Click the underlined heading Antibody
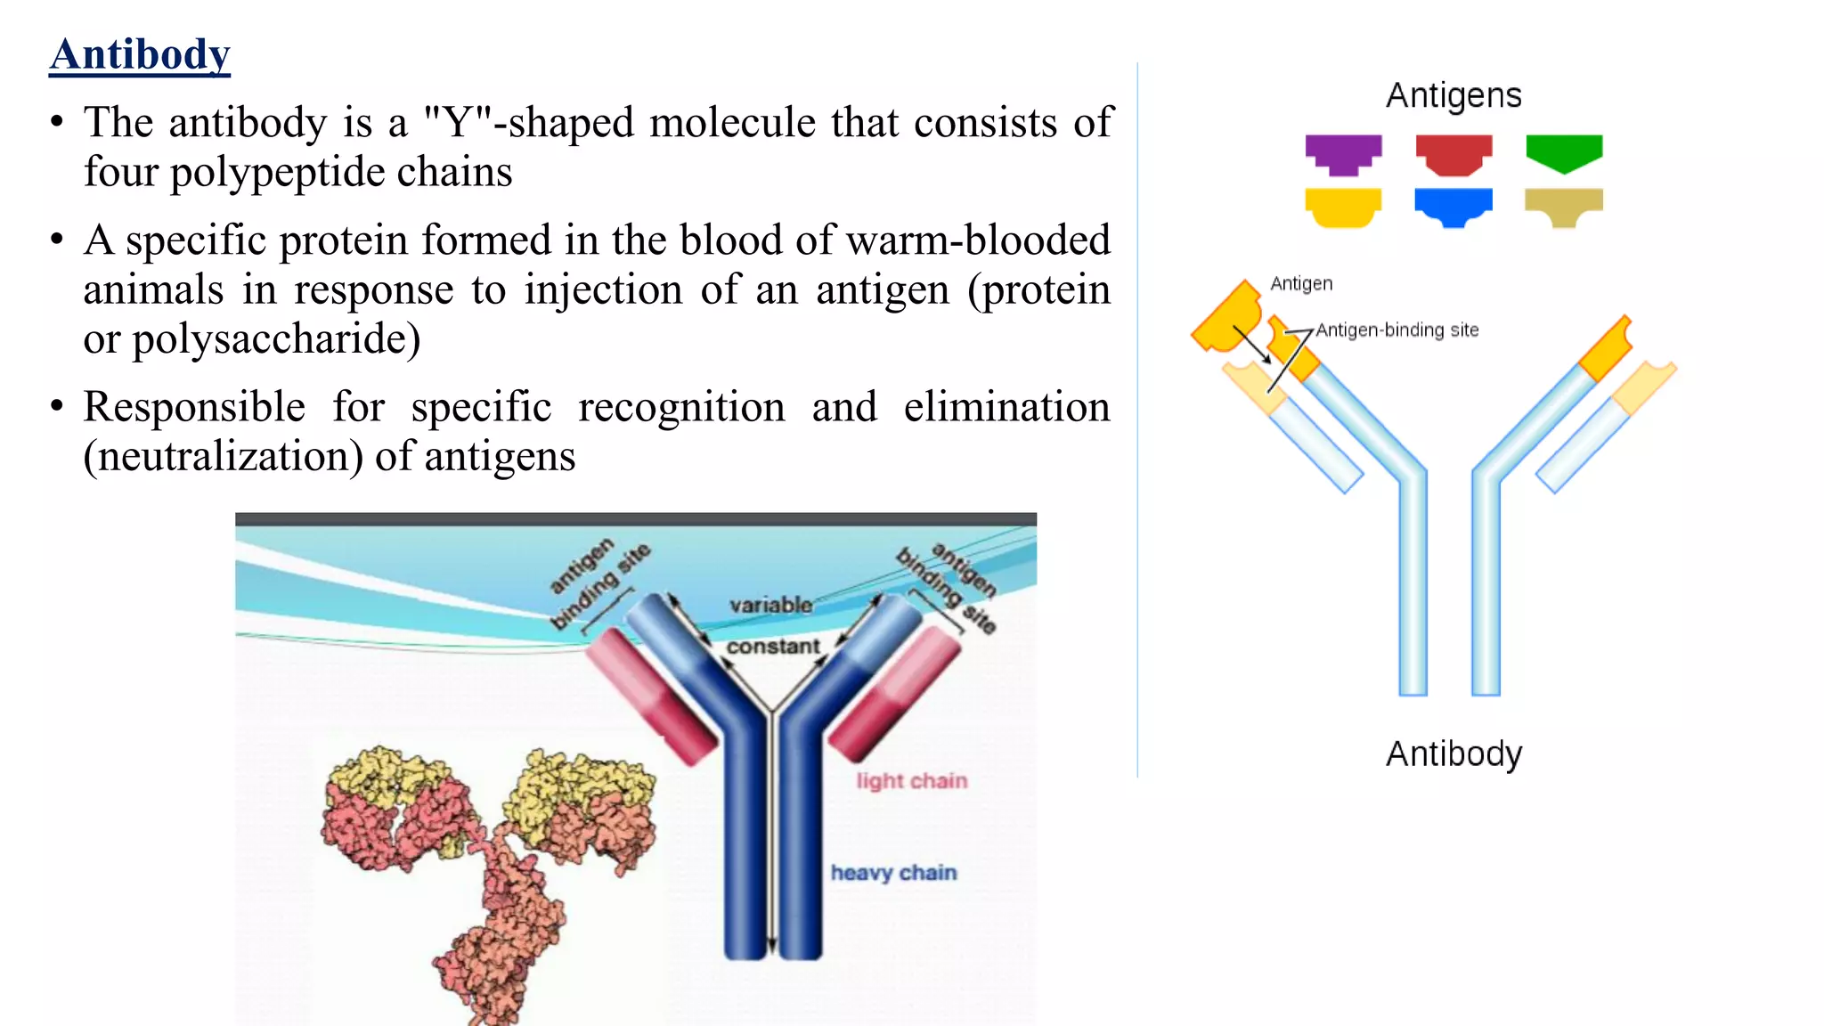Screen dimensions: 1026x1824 [140, 55]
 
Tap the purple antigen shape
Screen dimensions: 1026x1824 [1343, 153]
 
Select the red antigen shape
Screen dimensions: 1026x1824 [1453, 153]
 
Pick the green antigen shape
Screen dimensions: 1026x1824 [1564, 151]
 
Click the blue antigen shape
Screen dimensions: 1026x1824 [1453, 206]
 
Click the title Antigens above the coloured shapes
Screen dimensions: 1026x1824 [1453, 95]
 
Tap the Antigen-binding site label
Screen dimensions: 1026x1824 [1397, 330]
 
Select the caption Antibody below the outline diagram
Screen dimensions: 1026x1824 [1453, 754]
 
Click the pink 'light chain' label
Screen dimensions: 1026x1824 [912, 781]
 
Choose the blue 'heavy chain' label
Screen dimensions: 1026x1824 [893, 873]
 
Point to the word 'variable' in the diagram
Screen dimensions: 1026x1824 [771, 606]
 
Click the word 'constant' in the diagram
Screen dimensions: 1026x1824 [773, 647]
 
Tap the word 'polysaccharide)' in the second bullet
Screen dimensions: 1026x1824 [276, 340]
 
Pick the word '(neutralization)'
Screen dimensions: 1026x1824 [223, 457]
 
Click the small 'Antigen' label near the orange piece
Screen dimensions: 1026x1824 [1301, 284]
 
